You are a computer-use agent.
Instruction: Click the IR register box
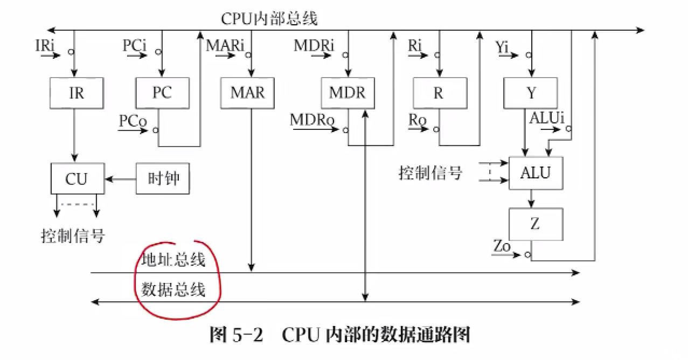coord(76,93)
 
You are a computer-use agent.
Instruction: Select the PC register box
coord(162,93)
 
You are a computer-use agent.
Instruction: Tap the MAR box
coord(248,93)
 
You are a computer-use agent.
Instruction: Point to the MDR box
coord(348,93)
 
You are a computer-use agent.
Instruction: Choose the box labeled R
coord(439,93)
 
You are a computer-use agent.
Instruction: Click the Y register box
coord(531,93)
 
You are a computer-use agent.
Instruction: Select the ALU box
coord(536,173)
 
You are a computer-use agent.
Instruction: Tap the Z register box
coord(536,224)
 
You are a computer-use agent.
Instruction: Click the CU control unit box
coord(77,178)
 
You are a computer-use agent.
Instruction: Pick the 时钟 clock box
coord(163,178)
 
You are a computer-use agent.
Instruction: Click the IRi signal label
coord(45,45)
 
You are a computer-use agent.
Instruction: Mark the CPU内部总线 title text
coord(269,19)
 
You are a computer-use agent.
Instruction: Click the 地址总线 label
coord(173,260)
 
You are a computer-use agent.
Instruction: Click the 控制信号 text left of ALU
coord(430,174)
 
